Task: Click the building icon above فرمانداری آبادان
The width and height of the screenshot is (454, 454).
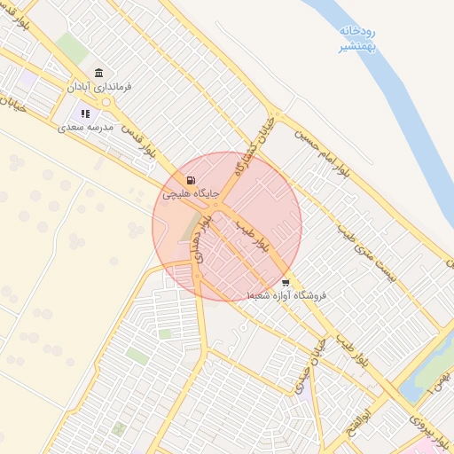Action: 98,73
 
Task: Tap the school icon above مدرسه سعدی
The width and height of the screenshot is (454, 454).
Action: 86,113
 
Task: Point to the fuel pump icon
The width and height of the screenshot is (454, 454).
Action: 192,179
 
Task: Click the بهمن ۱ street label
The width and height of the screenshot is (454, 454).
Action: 440,381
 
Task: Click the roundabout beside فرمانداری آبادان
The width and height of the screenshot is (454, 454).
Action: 107,104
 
